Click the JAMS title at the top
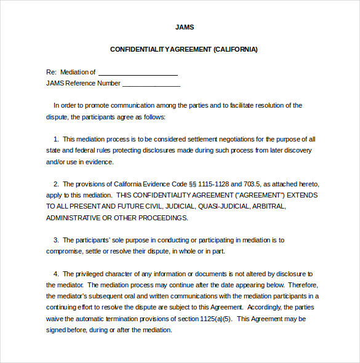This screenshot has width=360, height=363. pos(184,28)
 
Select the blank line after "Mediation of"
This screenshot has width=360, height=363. pos(138,72)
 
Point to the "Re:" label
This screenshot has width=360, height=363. pos(51,72)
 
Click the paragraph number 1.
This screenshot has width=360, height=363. pos(56,139)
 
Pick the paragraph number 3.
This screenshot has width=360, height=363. pos(56,240)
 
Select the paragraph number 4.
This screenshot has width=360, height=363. pos(56,274)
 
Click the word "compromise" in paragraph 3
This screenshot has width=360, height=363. pos(65,251)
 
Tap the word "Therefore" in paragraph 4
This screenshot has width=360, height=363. pos(302,285)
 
